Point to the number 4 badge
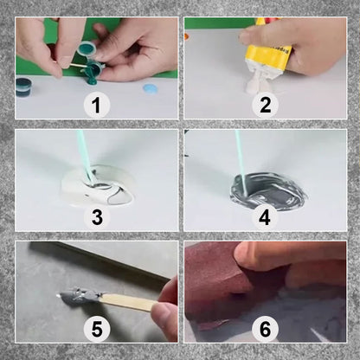coord(265,216)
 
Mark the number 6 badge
coord(265,329)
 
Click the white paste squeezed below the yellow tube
coord(256,84)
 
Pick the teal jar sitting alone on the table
coord(25,85)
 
